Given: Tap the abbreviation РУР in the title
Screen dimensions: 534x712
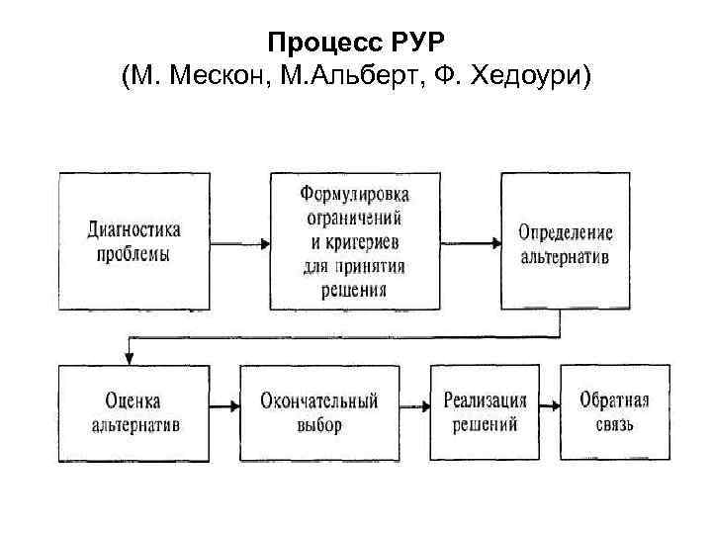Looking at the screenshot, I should (x=418, y=44).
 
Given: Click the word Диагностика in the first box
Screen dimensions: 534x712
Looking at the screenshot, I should (x=134, y=230).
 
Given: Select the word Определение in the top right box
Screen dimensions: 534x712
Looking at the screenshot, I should (x=566, y=234).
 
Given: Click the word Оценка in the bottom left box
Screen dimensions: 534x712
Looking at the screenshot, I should (x=133, y=401).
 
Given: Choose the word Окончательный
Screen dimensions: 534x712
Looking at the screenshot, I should (x=319, y=401).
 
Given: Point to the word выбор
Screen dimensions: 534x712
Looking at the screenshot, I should (x=318, y=425).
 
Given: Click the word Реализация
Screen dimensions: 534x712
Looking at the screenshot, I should (x=485, y=401).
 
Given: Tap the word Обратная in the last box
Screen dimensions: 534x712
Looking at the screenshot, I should (x=614, y=400).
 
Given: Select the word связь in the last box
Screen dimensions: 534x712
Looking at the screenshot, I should (x=614, y=425).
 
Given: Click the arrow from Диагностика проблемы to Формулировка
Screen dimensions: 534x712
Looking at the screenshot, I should (x=240, y=242).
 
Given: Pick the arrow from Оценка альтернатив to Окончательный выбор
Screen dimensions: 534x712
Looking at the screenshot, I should (x=223, y=406).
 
